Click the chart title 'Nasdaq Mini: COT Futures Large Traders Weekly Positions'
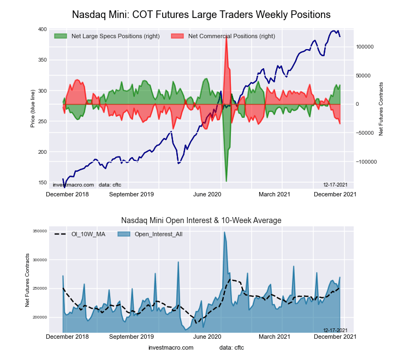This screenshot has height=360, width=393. [x=201, y=13]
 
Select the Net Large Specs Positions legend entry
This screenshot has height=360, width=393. [x=106, y=36]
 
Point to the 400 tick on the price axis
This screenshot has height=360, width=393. [x=42, y=29]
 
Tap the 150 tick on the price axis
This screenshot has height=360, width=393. [x=42, y=182]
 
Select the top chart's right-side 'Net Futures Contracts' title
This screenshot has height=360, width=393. [x=381, y=109]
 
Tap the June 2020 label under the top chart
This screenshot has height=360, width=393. [x=207, y=194]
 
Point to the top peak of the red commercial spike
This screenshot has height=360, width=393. [x=226, y=34]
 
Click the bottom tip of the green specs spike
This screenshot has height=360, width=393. [x=226, y=181]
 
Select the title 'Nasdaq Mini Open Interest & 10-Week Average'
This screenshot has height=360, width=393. [x=201, y=220]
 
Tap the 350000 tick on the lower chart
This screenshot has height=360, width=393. [x=38, y=231]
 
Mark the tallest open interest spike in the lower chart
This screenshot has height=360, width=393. [x=224, y=232]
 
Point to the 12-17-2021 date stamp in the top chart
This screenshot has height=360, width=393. [x=335, y=185]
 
